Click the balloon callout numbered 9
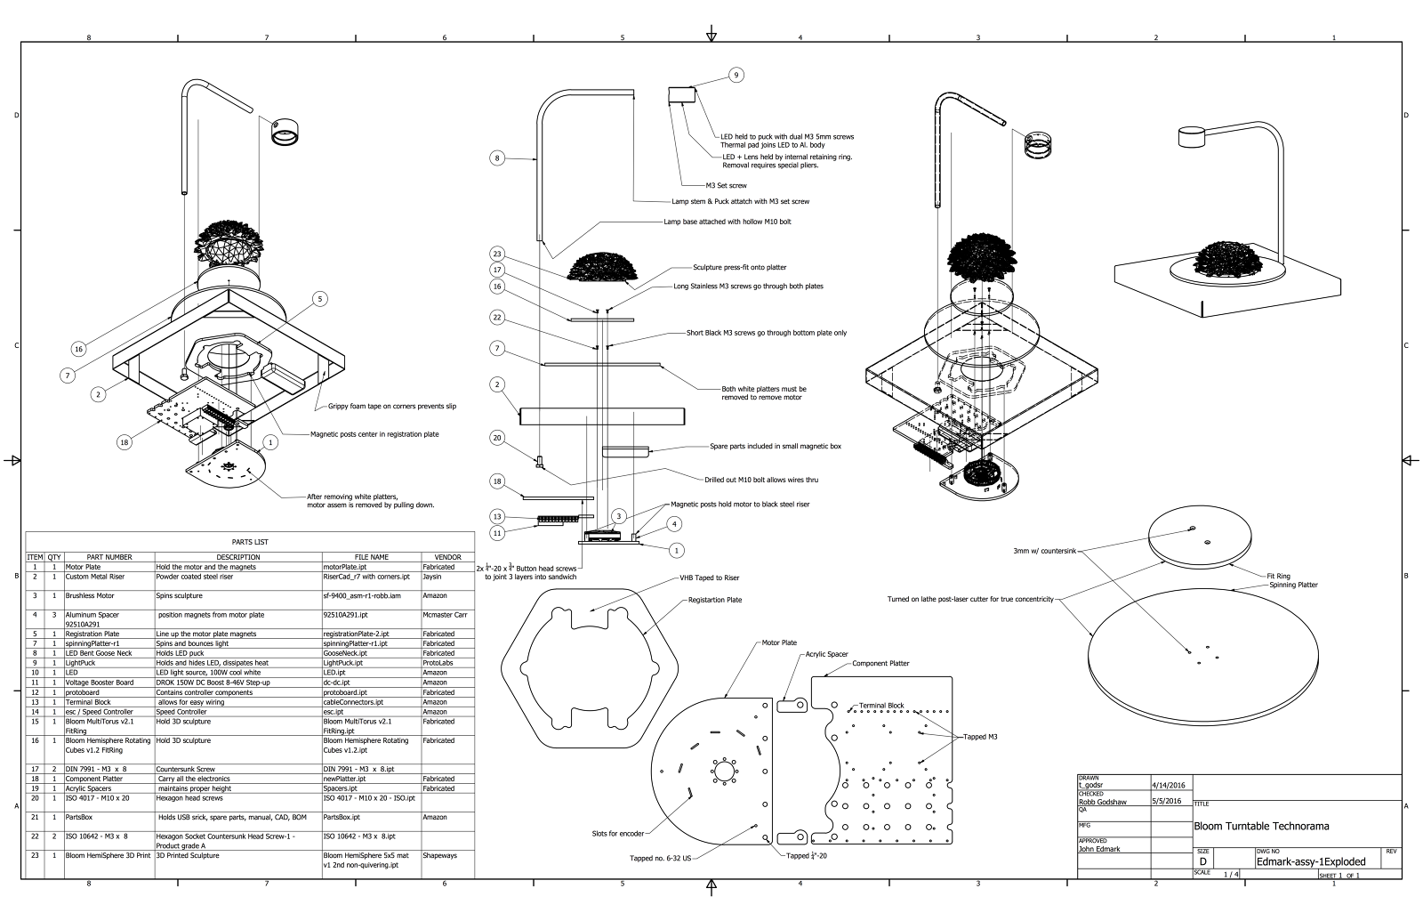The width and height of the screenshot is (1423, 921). [x=736, y=76]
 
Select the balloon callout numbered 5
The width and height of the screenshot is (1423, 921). [x=320, y=299]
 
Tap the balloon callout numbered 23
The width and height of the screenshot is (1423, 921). [x=497, y=254]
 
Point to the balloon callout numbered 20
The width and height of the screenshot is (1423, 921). [x=497, y=437]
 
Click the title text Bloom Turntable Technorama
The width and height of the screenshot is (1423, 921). [x=1261, y=826]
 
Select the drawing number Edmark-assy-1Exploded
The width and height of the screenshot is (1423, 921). [x=1310, y=861]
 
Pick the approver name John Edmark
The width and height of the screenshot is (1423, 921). [x=1099, y=849]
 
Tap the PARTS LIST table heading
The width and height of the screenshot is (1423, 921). [x=249, y=542]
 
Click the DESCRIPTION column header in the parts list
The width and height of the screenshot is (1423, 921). [x=237, y=557]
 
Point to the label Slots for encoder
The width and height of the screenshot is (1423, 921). [x=617, y=834]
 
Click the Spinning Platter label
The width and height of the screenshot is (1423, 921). [x=1293, y=585]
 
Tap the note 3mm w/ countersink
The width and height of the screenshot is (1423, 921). [x=1044, y=552]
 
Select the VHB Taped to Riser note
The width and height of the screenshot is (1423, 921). [x=708, y=578]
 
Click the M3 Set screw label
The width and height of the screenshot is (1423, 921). [x=726, y=185]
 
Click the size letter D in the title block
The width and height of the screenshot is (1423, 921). [x=1202, y=862]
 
